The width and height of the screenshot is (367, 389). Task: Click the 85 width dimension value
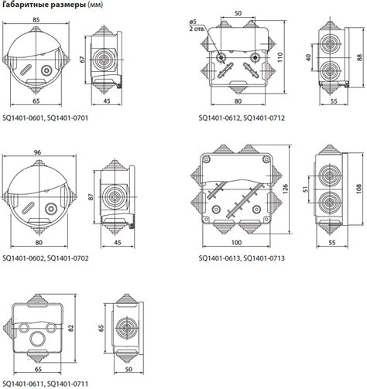(x=36, y=19)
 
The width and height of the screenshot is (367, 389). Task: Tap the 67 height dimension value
(x=82, y=60)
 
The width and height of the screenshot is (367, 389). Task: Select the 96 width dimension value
(x=37, y=152)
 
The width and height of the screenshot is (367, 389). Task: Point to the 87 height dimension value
(x=91, y=197)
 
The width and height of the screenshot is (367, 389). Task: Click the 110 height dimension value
(x=280, y=57)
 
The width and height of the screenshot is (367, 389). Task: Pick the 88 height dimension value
(x=359, y=57)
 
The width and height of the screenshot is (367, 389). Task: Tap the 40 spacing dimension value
(x=309, y=57)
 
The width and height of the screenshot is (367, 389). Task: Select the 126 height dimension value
(x=285, y=189)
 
